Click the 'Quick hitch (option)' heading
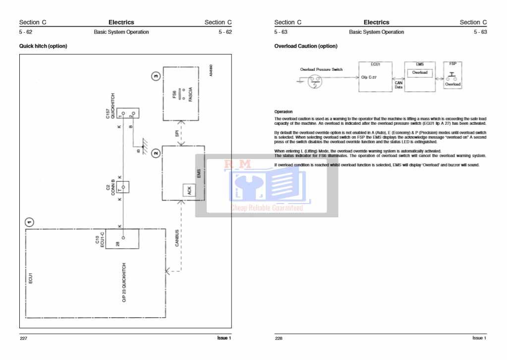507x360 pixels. tap(43, 46)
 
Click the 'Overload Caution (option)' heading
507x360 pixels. tap(305, 46)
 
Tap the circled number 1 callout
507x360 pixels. tap(30, 222)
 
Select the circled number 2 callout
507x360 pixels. tap(156, 153)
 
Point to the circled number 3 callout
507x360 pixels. tap(156, 76)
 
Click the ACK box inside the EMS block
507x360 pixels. tap(188, 191)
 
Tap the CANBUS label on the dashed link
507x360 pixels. tap(177, 238)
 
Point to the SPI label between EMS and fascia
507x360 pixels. tap(176, 134)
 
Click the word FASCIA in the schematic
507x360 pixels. tap(190, 95)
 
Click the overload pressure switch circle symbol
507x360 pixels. tap(314, 83)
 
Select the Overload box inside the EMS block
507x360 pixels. tap(420, 73)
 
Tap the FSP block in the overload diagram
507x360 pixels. tap(452, 77)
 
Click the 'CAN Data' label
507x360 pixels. tap(398, 85)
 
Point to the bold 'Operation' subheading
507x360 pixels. tap(283, 112)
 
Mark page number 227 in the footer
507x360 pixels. tap(24, 338)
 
